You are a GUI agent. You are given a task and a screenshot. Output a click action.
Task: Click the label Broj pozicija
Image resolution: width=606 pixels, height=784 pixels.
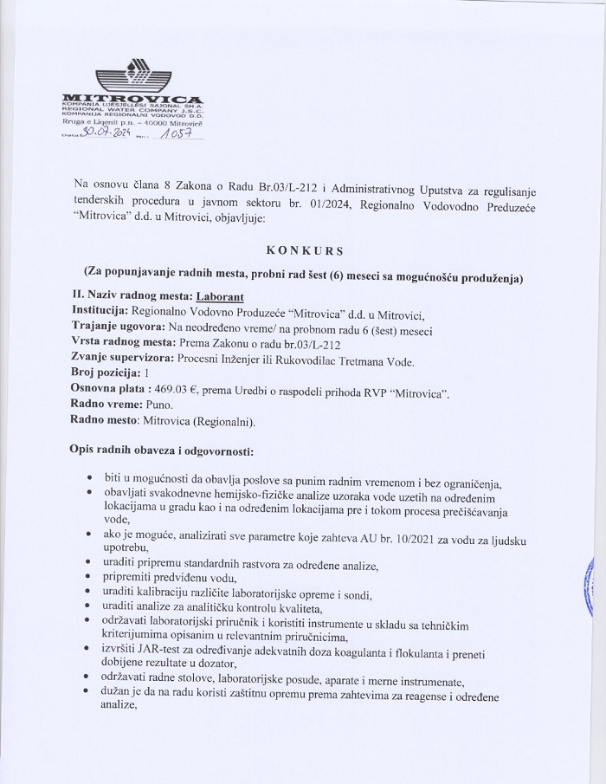pyautogui.click(x=108, y=375)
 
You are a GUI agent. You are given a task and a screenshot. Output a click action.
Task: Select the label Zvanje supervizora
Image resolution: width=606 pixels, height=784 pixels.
pyautogui.click(x=122, y=360)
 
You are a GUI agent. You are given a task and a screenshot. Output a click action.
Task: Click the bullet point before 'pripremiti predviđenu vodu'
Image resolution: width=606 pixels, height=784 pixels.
pyautogui.click(x=92, y=579)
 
